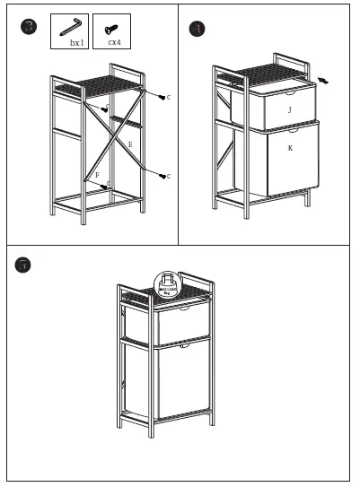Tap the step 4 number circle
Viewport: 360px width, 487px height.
[x=198, y=29]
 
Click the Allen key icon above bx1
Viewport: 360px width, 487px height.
[x=73, y=25]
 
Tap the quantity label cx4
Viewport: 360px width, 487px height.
[x=114, y=42]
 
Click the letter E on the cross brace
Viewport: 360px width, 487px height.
[x=130, y=143]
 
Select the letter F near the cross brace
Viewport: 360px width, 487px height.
[x=97, y=175]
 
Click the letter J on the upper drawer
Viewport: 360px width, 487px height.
[x=289, y=109]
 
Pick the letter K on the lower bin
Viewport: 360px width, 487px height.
[x=290, y=147]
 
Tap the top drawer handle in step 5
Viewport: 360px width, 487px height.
[x=184, y=310]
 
